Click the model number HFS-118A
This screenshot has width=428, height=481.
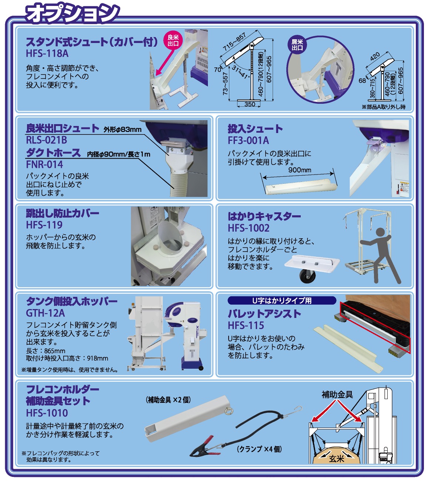click(x=47, y=53)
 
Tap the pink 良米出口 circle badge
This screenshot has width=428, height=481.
click(x=173, y=40)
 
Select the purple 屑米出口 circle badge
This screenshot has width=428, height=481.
click(x=297, y=45)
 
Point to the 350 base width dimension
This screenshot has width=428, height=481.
click(x=250, y=104)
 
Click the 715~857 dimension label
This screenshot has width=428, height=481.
click(x=234, y=42)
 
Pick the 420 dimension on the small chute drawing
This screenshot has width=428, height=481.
click(x=375, y=57)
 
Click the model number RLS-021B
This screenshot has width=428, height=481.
click(x=47, y=140)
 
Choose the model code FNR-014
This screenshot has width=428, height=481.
click(x=44, y=164)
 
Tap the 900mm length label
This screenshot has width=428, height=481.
click(x=300, y=170)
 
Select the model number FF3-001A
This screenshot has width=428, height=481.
click(x=248, y=140)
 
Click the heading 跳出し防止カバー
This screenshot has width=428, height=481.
click(x=63, y=213)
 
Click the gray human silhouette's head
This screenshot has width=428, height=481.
click(x=380, y=232)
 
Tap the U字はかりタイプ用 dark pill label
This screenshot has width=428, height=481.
click(x=282, y=301)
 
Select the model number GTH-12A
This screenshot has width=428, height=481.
click(x=45, y=313)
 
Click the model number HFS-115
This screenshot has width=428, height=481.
click(x=246, y=325)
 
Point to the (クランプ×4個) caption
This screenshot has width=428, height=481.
click(x=259, y=449)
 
